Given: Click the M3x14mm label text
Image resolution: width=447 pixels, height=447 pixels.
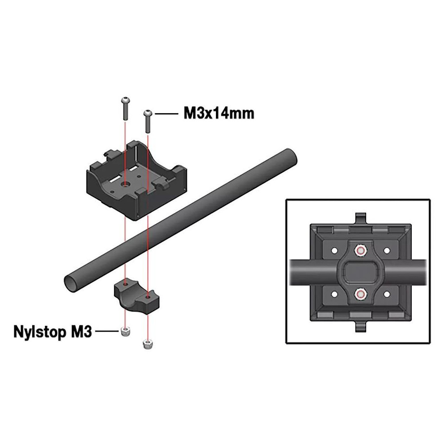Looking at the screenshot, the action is point(219,114).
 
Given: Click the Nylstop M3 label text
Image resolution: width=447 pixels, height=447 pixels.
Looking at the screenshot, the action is point(53,332).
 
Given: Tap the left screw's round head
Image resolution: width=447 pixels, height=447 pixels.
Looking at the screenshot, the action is point(126,100).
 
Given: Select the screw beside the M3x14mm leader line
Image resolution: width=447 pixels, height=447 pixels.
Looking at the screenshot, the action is point(148,122).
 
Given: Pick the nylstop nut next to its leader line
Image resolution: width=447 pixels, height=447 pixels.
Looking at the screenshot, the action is point(125,332).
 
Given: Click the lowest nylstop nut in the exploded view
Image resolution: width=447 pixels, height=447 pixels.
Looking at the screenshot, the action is point(147,344).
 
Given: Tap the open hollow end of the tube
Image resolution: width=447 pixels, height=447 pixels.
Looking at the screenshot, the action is point(71,284).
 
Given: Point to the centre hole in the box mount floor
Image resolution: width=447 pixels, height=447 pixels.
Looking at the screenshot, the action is point(125,185).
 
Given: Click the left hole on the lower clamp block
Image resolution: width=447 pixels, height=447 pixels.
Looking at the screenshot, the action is point(126,284).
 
